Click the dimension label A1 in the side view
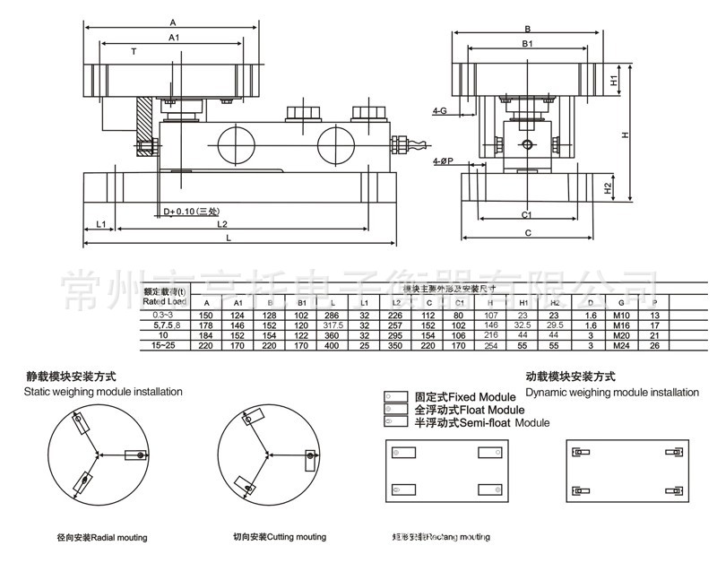coord(174,37)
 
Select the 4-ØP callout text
coord(444,160)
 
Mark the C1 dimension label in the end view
coord(527,215)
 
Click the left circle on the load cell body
coord(235,144)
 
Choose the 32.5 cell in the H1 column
coord(523,325)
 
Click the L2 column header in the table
coord(396,303)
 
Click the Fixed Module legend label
coord(464,396)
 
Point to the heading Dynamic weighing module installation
coord(612,393)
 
